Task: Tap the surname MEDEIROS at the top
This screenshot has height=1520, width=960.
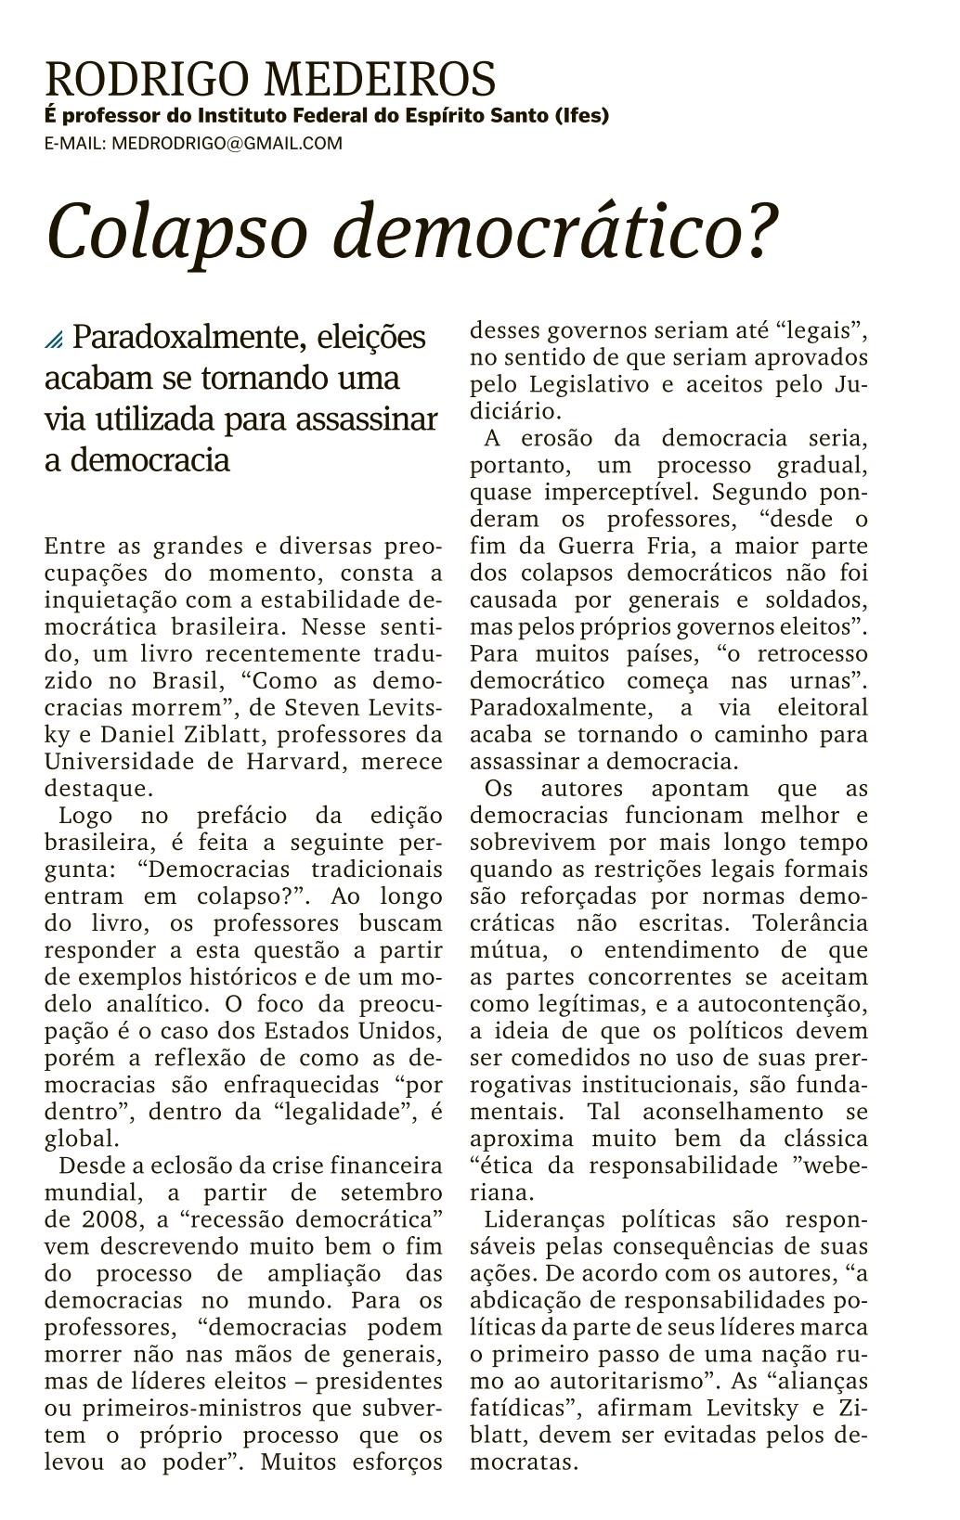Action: click(x=381, y=81)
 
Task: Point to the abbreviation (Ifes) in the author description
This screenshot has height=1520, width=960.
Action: click(x=582, y=117)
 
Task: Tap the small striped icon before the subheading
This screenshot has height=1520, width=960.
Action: click(x=55, y=341)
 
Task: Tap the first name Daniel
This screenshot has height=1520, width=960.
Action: click(x=139, y=735)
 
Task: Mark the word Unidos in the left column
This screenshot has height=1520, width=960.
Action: click(x=403, y=1031)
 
